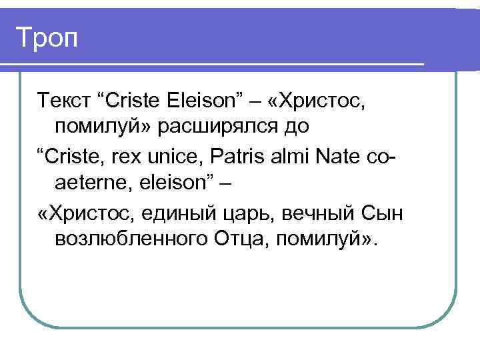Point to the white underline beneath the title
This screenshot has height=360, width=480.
tap(213, 63)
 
